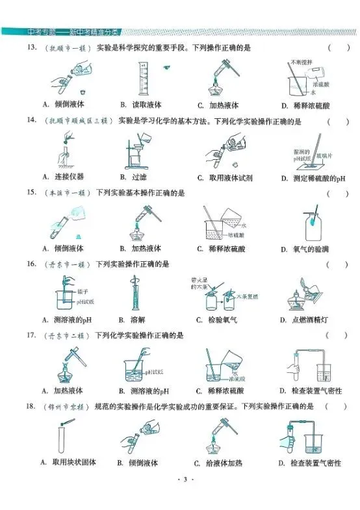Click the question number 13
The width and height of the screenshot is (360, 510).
tap(31, 48)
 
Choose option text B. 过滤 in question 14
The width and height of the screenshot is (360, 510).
tap(133, 177)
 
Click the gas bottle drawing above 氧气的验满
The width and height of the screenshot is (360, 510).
tap(312, 224)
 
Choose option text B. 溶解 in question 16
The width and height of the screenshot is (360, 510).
tap(131, 320)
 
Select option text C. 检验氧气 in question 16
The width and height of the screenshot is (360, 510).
tap(219, 320)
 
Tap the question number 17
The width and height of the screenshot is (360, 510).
tap(31, 335)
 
